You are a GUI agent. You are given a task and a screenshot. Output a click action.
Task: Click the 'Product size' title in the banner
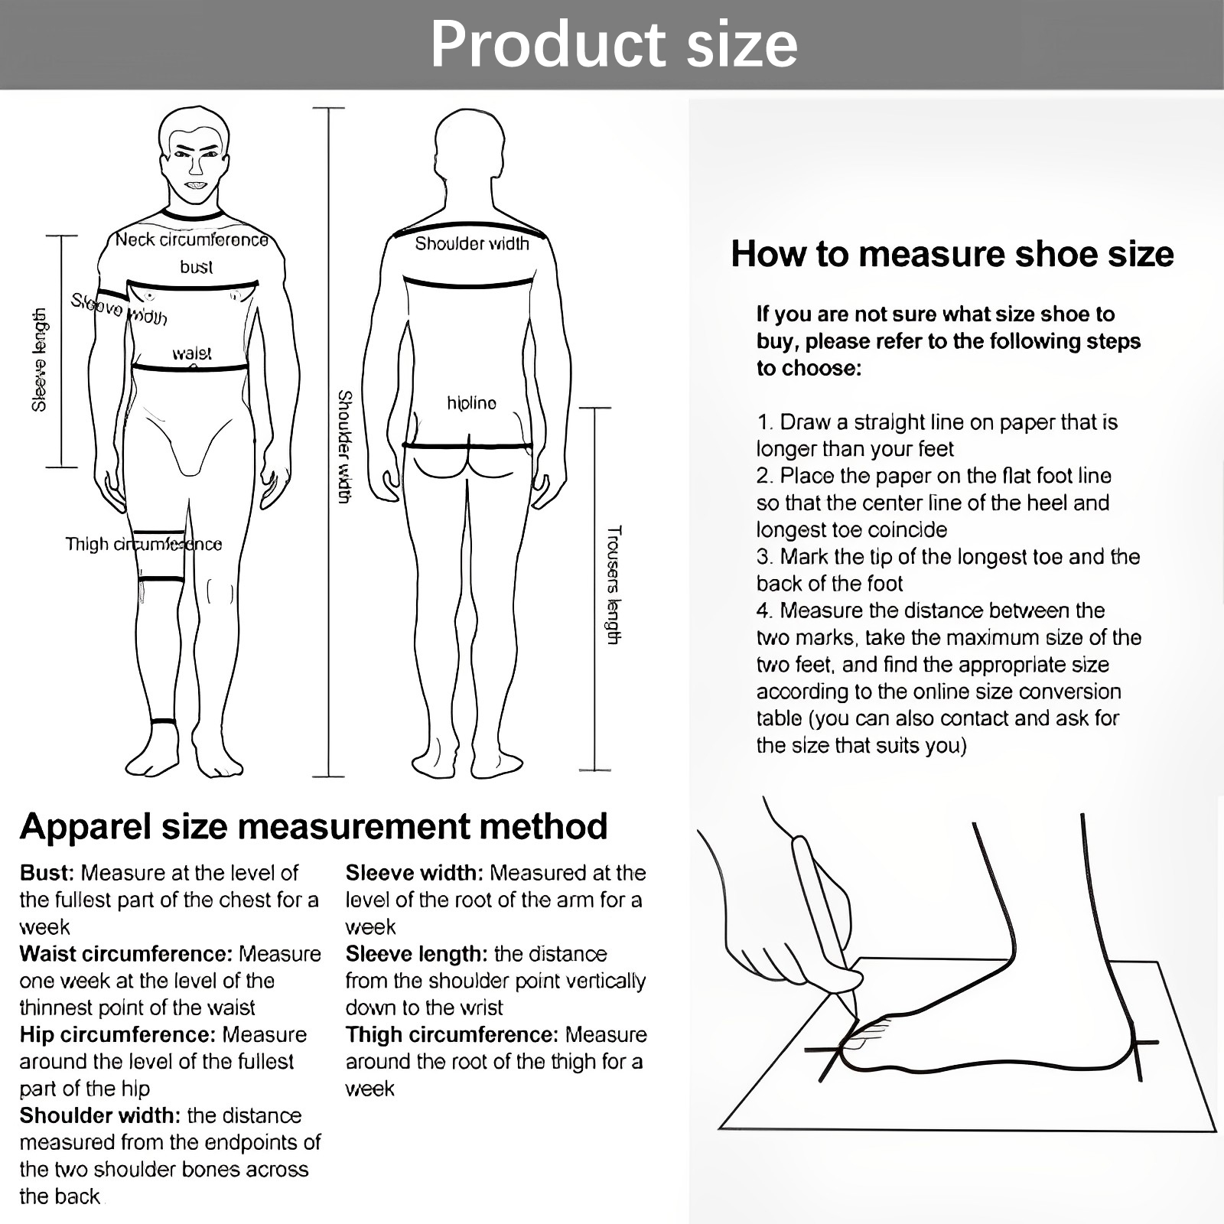click(x=614, y=44)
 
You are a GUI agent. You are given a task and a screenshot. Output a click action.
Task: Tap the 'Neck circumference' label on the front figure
click(x=192, y=240)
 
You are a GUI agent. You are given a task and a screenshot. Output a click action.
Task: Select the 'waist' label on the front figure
click(x=192, y=353)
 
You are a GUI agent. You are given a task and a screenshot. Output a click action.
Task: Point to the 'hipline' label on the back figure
click(x=471, y=403)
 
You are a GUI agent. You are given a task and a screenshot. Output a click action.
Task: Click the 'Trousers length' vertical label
click(x=614, y=585)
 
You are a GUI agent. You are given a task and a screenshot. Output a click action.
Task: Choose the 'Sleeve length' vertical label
click(x=39, y=360)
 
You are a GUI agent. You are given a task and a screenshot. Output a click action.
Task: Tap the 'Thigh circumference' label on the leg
click(x=144, y=545)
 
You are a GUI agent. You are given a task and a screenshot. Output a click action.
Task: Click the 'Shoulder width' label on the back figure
click(x=472, y=244)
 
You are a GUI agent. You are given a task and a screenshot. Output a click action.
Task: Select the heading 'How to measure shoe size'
click(x=952, y=254)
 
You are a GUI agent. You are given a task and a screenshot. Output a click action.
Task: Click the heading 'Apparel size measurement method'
click(x=314, y=826)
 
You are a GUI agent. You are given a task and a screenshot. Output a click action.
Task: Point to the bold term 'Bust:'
click(x=47, y=873)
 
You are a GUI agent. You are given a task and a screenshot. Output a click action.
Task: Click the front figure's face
click(x=196, y=164)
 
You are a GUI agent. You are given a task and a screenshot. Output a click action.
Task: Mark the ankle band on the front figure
click(x=163, y=722)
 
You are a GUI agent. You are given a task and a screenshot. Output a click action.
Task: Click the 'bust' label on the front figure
click(x=197, y=267)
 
